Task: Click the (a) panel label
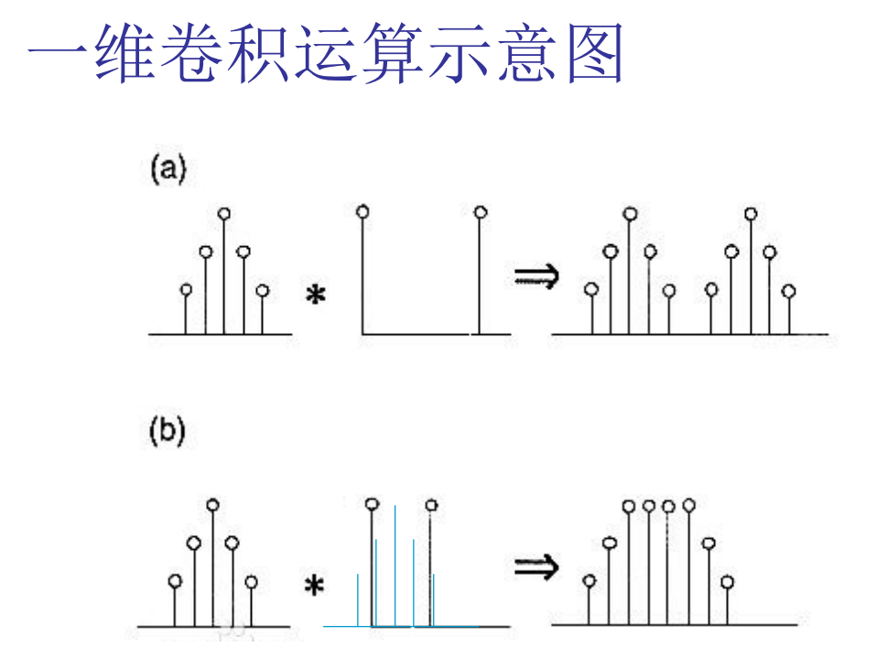pyautogui.click(x=168, y=170)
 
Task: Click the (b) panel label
pyautogui.click(x=168, y=432)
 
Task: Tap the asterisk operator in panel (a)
pyautogui.click(x=316, y=296)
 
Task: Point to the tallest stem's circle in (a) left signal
pyautogui.click(x=224, y=214)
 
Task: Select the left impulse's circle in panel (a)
pyautogui.click(x=362, y=212)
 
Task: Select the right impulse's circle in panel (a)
pyautogui.click(x=480, y=212)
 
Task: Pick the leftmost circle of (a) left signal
pyautogui.click(x=187, y=290)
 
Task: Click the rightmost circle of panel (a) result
pyautogui.click(x=789, y=291)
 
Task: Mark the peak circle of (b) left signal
pyautogui.click(x=212, y=504)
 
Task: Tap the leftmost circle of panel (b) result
pyautogui.click(x=590, y=581)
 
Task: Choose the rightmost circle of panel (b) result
pyautogui.click(x=727, y=581)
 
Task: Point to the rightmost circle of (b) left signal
pyautogui.click(x=251, y=581)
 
